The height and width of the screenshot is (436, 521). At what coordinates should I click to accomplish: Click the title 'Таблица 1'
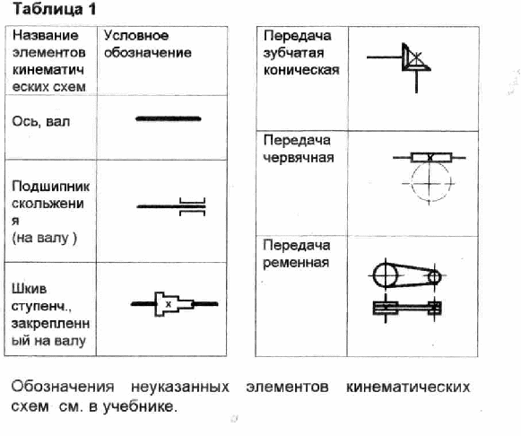tap(54, 9)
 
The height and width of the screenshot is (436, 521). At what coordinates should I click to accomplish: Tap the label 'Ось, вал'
tap(41, 122)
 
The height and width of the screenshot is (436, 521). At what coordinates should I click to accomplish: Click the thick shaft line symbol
tap(169, 118)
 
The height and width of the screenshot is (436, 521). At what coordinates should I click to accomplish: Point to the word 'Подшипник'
tap(50, 187)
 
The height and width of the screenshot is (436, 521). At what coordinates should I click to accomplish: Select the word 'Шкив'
tap(29, 289)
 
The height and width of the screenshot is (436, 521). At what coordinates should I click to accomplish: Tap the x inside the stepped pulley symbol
tap(169, 304)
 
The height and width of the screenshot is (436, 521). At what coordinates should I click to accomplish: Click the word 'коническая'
tap(301, 70)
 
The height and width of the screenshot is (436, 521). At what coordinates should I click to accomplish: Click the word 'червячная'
tap(299, 158)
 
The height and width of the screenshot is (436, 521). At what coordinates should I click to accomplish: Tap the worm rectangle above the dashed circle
tap(431, 157)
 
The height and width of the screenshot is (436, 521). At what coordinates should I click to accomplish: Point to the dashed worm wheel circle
tap(412, 182)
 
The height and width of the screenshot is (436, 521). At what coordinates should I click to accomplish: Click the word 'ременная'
tap(296, 263)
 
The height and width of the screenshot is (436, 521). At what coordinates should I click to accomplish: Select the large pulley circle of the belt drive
tap(373, 275)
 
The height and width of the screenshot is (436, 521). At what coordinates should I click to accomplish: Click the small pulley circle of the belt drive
tap(428, 276)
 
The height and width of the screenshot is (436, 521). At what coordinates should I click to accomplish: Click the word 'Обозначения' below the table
tap(63, 387)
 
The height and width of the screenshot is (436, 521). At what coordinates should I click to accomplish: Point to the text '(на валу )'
tap(44, 238)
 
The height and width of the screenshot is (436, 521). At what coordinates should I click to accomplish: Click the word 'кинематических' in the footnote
tap(408, 387)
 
